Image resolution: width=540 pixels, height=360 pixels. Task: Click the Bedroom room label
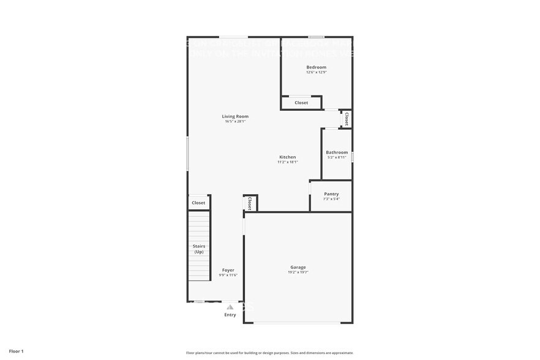coord(317,67)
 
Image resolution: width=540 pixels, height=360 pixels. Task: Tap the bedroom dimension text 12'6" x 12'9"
coord(317,72)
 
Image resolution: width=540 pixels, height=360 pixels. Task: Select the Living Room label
coord(235,116)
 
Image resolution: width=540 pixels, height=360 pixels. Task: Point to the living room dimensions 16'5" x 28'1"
coord(235,121)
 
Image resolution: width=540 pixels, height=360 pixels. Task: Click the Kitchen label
coord(287,157)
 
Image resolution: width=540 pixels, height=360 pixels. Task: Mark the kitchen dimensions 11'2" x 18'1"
coord(287,162)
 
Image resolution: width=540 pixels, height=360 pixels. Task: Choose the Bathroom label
coord(337,152)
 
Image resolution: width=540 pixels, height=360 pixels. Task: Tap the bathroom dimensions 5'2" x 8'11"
coord(337,157)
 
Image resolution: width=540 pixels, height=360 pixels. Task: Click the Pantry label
coord(331,194)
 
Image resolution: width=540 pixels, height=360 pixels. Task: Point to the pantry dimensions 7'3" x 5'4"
coord(331,199)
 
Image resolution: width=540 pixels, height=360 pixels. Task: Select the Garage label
coord(298,267)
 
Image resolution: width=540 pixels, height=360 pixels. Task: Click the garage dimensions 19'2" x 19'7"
coord(298,272)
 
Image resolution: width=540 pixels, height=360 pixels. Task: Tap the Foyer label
coord(228,270)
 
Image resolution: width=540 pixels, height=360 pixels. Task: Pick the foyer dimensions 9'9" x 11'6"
coord(228,275)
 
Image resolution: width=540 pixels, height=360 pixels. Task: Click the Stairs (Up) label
coord(199,249)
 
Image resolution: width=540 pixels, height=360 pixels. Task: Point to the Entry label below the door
coord(230,315)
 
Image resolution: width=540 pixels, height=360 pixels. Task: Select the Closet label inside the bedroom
coord(301,103)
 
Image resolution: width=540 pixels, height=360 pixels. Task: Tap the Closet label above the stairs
coord(198,203)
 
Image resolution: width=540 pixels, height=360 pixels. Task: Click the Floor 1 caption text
coord(16,351)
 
